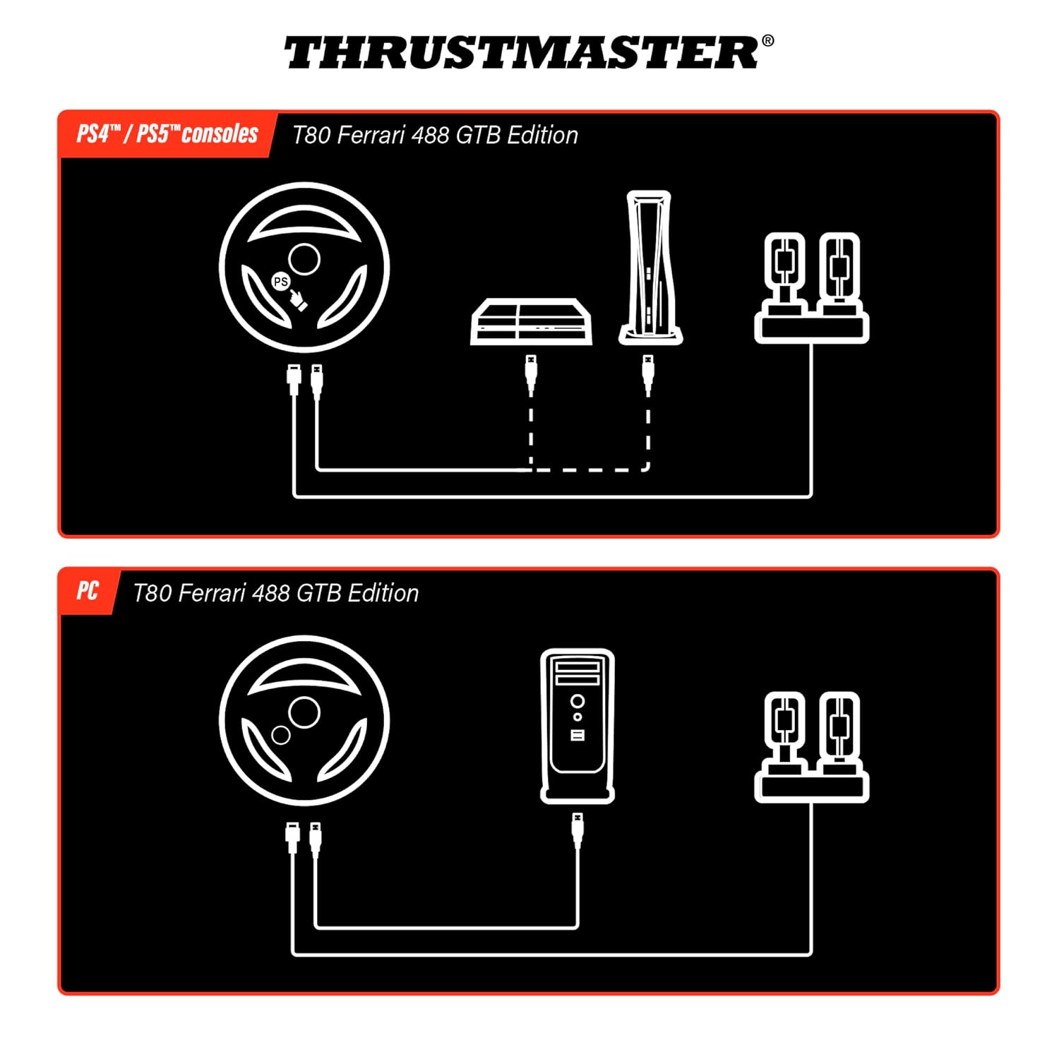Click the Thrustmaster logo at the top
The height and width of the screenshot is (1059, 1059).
pos(522,53)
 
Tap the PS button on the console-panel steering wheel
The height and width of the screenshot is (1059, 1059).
pos(281,281)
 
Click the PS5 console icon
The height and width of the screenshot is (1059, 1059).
pos(650,268)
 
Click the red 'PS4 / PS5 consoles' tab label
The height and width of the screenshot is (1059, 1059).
pos(167,134)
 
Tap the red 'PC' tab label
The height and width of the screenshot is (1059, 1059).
pos(88,591)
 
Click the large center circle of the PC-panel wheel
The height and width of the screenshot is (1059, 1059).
pos(304,712)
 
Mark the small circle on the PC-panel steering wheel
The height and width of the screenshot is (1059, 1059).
pos(281,735)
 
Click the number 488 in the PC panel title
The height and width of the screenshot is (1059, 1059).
pos(271,593)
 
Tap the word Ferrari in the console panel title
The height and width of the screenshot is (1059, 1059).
pos(371,135)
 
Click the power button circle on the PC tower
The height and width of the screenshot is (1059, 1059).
pos(578,701)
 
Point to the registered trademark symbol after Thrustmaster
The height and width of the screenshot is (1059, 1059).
pos(768,41)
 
